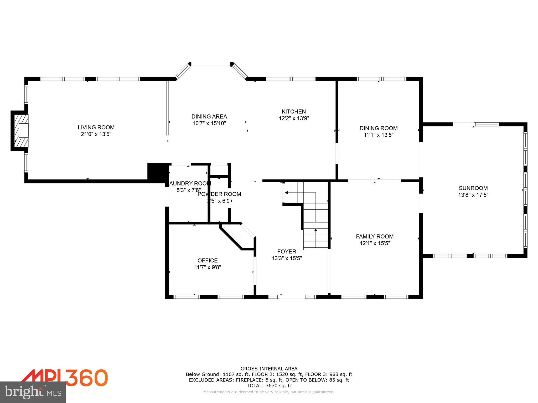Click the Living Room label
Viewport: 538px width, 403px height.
(96, 128)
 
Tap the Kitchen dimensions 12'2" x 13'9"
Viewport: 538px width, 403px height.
(294, 118)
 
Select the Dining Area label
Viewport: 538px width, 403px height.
(209, 116)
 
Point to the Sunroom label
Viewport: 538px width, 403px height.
(473, 188)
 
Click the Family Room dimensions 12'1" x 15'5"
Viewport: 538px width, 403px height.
(375, 243)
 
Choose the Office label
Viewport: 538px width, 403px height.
(208, 261)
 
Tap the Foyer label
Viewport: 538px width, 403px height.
(287, 252)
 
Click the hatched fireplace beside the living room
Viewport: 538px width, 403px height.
(21, 131)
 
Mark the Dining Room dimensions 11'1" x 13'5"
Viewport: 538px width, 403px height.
(378, 135)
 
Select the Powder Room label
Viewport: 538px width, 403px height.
(219, 194)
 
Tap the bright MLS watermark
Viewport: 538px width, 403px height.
(33, 392)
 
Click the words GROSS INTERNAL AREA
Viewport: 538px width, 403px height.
(269, 369)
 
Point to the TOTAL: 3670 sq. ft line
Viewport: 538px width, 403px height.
(269, 386)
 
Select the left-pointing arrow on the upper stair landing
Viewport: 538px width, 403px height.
(287, 193)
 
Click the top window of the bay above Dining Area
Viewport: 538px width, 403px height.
(210, 63)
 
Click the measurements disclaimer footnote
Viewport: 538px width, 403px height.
(269, 392)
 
